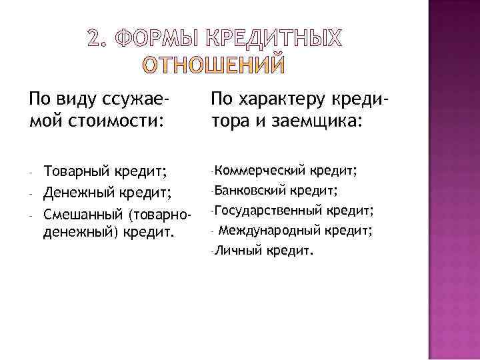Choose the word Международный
point(270,231)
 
